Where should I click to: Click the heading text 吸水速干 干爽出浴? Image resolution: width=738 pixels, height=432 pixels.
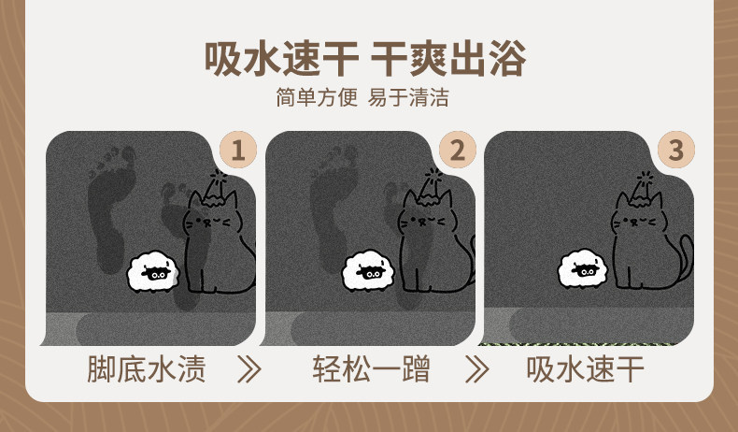tap(364, 59)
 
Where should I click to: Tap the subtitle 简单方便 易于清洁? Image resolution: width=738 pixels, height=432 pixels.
tap(362, 97)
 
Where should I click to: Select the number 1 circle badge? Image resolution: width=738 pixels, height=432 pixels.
tap(238, 150)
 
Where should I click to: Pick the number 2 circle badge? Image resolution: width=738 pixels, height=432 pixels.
tap(458, 150)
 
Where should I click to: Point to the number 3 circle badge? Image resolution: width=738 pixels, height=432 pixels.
tap(676, 150)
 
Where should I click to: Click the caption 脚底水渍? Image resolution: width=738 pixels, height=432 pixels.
tap(147, 368)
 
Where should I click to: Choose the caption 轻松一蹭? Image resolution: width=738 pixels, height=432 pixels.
tap(372, 368)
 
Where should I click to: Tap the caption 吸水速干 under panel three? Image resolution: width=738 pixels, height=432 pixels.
tap(585, 368)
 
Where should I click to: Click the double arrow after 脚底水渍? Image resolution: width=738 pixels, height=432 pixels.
tap(249, 369)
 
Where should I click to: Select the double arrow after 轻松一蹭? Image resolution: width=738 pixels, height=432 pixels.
tap(477, 369)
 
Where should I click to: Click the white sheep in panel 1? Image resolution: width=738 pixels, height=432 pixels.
tap(153, 272)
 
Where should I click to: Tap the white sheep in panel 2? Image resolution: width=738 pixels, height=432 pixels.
tap(368, 271)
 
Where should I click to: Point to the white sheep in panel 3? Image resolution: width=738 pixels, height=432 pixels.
tap(582, 269)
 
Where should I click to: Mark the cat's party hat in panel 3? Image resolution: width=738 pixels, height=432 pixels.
tap(645, 190)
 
